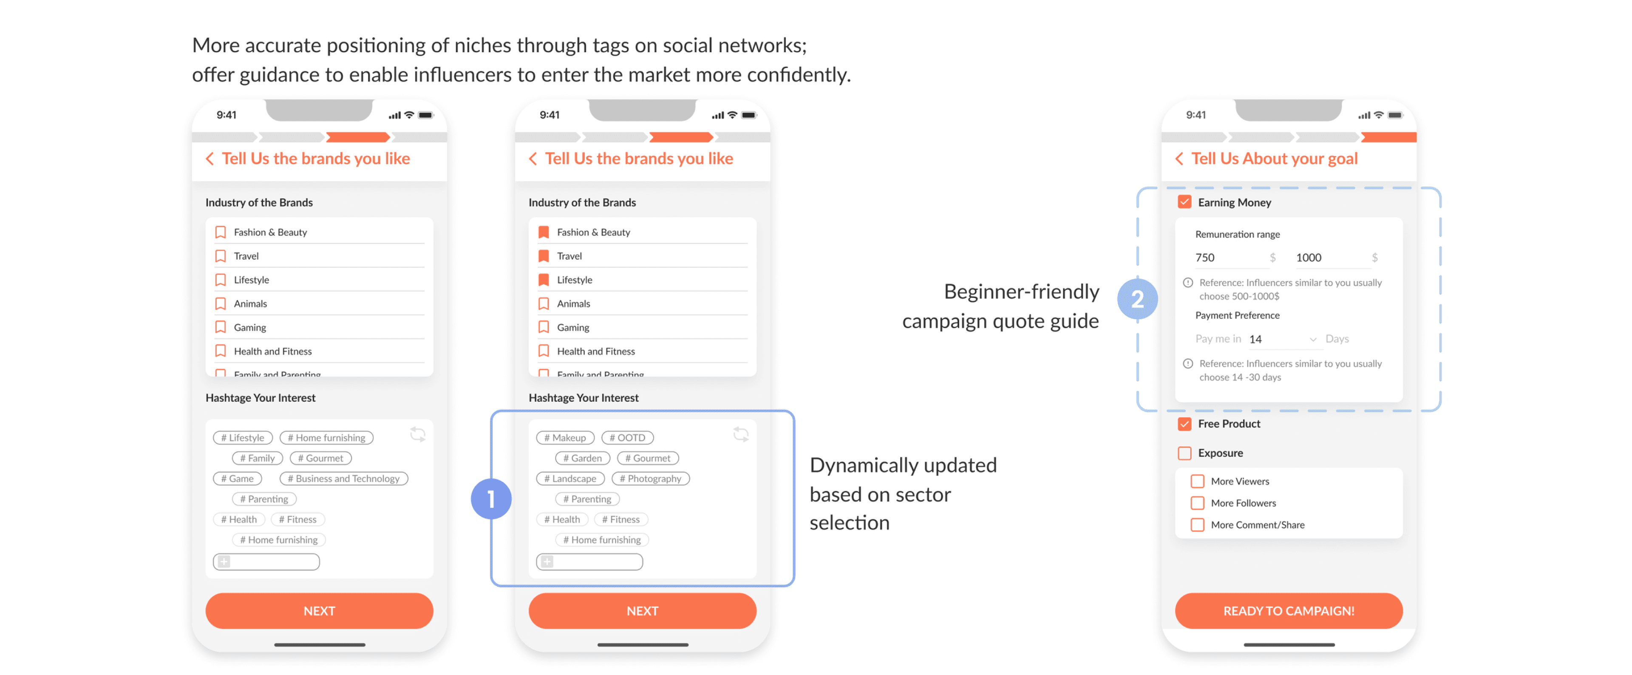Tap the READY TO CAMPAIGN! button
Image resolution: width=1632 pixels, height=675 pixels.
pyautogui.click(x=1288, y=610)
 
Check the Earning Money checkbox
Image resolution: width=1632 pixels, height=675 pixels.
pyautogui.click(x=1184, y=202)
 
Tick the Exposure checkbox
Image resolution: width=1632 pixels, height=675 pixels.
pyautogui.click(x=1184, y=453)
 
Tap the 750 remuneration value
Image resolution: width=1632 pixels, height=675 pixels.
pyautogui.click(x=1205, y=257)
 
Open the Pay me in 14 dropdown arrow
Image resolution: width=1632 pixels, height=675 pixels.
pyautogui.click(x=1313, y=339)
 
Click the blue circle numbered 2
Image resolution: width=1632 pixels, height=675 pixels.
pyautogui.click(x=1137, y=299)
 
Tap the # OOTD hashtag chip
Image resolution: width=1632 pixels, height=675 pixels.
pyautogui.click(x=627, y=437)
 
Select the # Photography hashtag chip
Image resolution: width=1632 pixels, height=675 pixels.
pyautogui.click(x=651, y=479)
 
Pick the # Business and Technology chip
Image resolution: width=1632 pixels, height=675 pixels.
pyautogui.click(x=343, y=479)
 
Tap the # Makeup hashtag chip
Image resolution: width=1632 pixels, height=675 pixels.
pyautogui.click(x=565, y=437)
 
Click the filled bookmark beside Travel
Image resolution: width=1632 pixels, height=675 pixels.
pyautogui.click(x=544, y=256)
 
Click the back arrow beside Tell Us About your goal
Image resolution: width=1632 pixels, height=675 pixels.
pyautogui.click(x=1179, y=159)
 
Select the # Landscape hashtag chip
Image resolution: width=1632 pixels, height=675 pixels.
pyautogui.click(x=570, y=479)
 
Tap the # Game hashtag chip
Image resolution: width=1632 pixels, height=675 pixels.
pyautogui.click(x=238, y=479)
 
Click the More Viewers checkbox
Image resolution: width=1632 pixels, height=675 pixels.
pyautogui.click(x=1197, y=481)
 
